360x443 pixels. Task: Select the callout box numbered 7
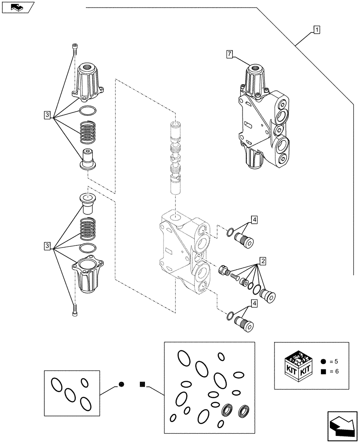coord(229,54)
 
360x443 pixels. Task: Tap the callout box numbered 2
coord(263,260)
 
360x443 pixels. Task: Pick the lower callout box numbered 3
coord(47,245)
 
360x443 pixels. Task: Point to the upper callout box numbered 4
coord(254,219)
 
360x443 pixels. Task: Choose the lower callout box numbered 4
coord(254,303)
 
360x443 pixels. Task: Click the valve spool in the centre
coord(176,157)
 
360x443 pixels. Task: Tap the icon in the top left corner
coord(18,7)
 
